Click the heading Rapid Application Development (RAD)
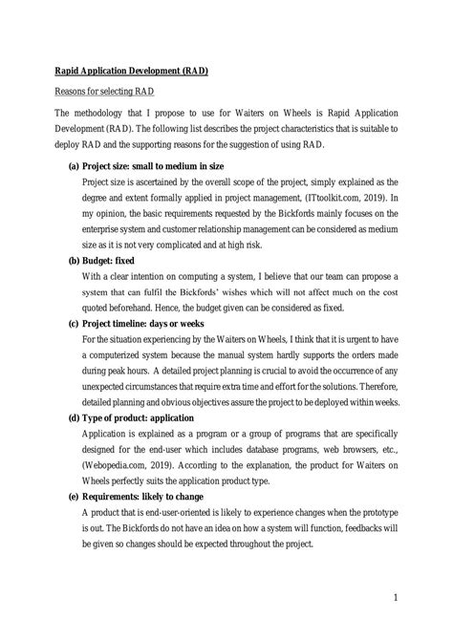130,71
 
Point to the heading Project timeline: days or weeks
153,323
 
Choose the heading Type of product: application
152,417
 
